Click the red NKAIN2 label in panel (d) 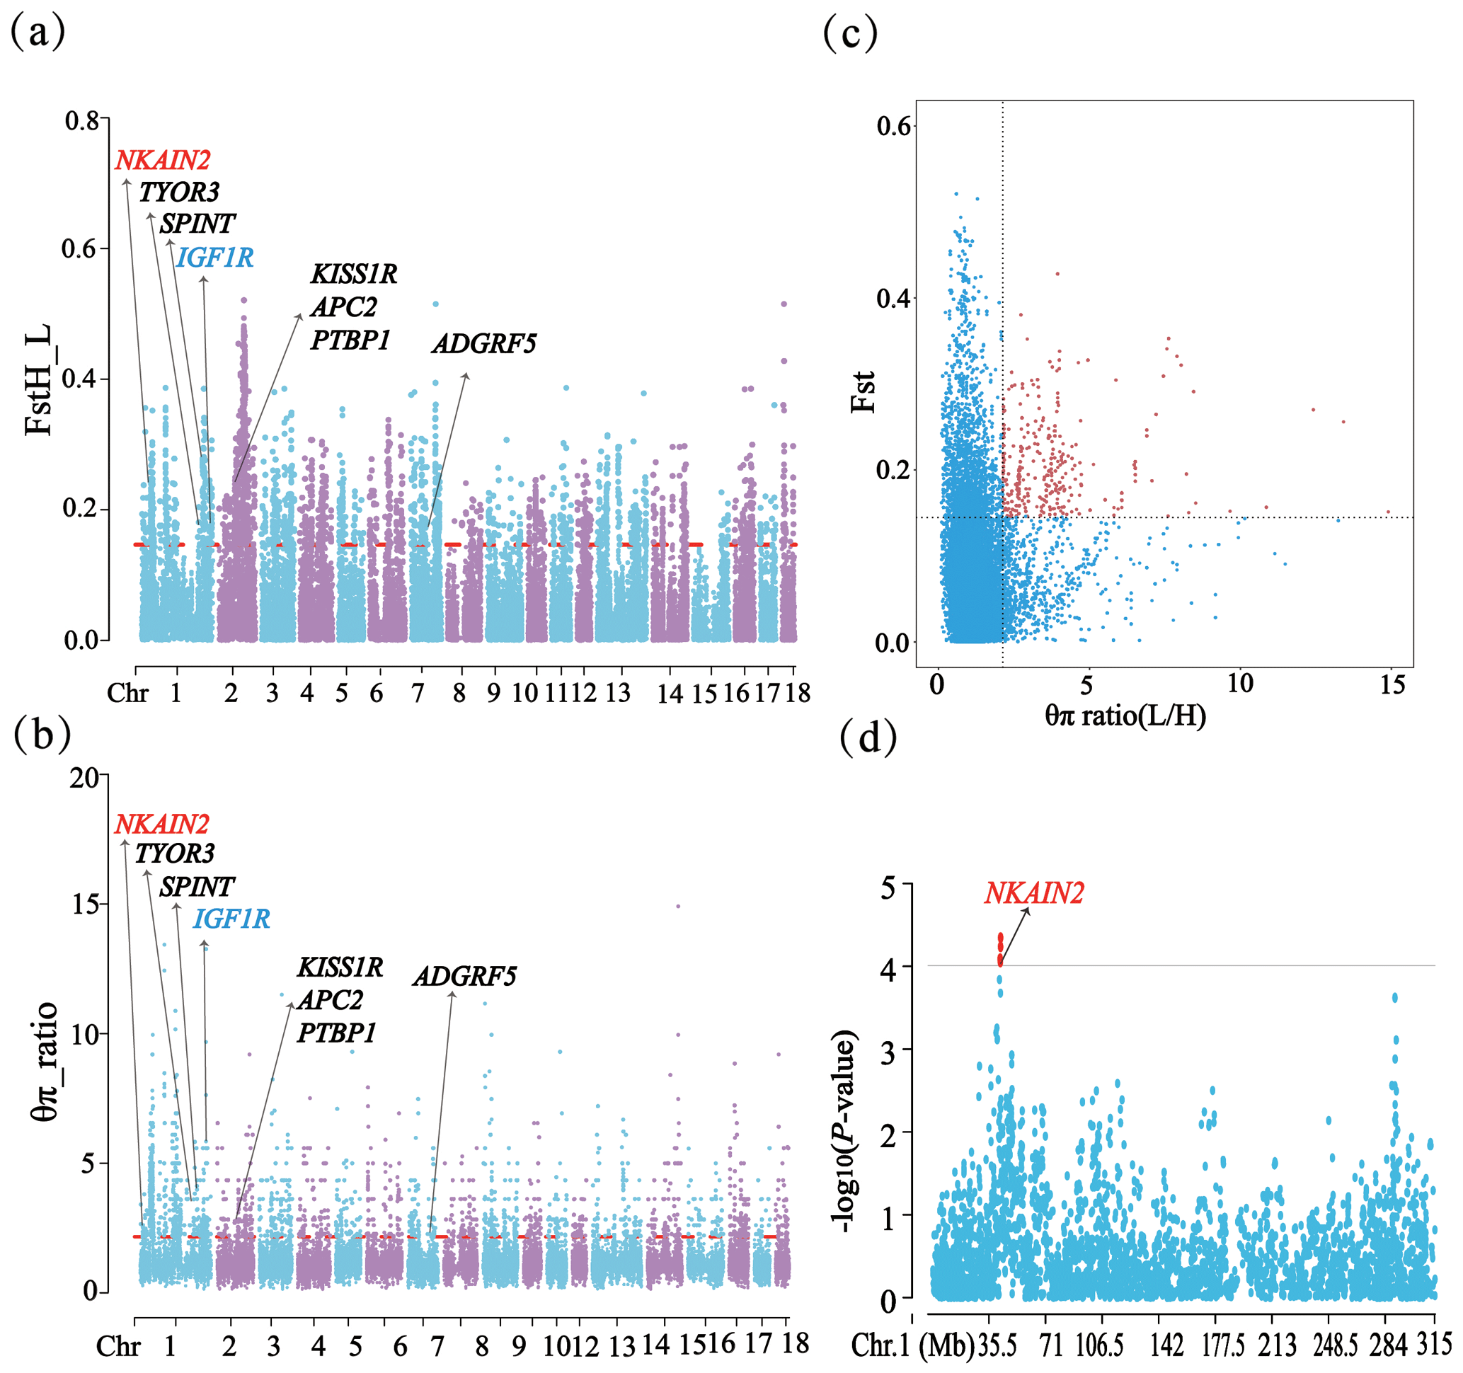coord(1034,893)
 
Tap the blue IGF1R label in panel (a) coord(215,258)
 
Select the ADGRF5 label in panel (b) coord(464,977)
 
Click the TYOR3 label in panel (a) coord(179,192)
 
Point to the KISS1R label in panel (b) coord(340,967)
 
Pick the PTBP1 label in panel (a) coord(350,340)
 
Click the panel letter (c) coord(850,33)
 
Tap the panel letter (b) coord(42,735)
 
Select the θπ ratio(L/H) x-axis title coord(1125,716)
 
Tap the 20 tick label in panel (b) coord(84,779)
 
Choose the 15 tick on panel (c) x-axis coord(1392,685)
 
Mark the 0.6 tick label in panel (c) coord(893,126)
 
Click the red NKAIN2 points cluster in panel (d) coord(1000,949)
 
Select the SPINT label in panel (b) coord(197,887)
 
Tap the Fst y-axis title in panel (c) coord(864,391)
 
